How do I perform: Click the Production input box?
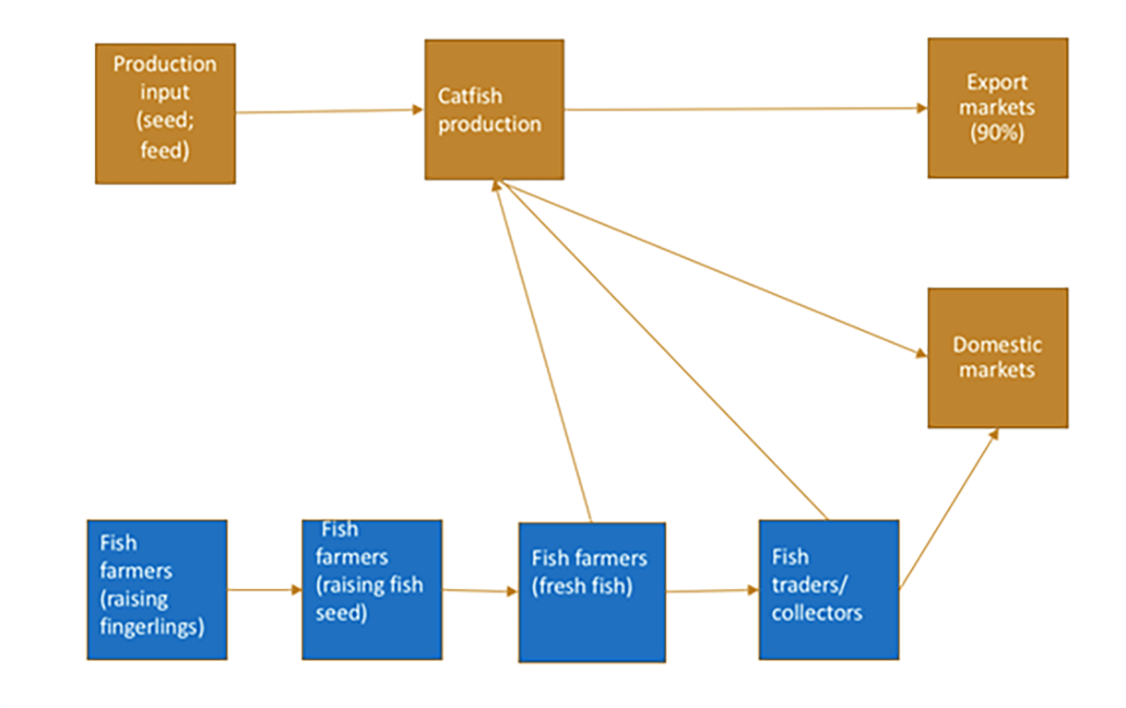[165, 113]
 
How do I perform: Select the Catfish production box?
[494, 109]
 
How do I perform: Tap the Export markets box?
[998, 108]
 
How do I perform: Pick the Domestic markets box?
[998, 358]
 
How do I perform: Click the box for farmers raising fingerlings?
[157, 589]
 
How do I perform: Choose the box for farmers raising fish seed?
[372, 589]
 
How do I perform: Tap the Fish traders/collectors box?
[828, 589]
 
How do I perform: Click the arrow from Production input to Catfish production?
[329, 111]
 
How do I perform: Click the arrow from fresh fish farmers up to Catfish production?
[544, 352]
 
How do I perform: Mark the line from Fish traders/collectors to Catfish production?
[666, 352]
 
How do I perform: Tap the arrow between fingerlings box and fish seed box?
[265, 590]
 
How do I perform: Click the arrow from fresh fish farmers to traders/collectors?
[712, 591]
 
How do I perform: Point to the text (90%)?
[997, 133]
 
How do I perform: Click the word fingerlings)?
[152, 626]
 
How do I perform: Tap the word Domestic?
[998, 344]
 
